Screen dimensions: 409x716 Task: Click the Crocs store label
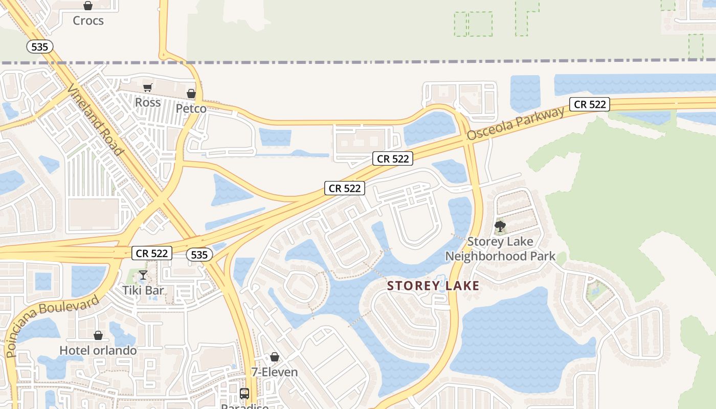88,20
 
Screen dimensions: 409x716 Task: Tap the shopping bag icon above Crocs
88,6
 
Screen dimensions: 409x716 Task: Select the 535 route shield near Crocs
39,47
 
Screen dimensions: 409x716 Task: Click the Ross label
148,102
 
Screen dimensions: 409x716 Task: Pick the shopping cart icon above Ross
148,88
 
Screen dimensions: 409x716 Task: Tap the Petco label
191,108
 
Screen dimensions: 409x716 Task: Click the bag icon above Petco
191,94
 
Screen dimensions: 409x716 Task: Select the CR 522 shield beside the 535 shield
152,253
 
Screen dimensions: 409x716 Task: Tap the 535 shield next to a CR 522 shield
199,255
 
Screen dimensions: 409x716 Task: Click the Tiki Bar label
143,290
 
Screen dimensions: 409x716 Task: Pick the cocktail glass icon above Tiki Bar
143,276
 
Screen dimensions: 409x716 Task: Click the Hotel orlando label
98,350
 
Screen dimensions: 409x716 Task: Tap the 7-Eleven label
275,372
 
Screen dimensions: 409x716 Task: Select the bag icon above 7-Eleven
275,357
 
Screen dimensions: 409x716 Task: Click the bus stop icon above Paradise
244,394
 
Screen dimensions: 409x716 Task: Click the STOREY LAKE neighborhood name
434,286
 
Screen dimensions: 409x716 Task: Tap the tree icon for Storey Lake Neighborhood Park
500,226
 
